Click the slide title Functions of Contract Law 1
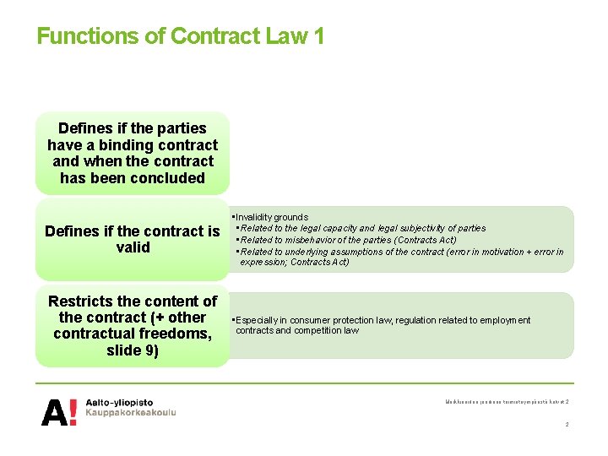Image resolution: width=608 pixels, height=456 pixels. (180, 36)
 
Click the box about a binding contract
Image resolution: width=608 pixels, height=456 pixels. (132, 153)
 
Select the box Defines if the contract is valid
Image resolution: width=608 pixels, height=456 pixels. (132, 239)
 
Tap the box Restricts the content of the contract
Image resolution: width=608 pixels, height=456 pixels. (132, 325)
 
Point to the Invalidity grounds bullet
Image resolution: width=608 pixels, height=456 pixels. (272, 217)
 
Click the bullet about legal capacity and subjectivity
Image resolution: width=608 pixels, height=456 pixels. (363, 228)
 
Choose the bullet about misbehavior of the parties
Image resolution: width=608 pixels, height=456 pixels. (348, 240)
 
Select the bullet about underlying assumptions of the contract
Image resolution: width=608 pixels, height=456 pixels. (401, 252)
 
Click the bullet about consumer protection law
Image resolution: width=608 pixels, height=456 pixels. (383, 320)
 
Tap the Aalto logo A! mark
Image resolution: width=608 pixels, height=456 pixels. (60, 411)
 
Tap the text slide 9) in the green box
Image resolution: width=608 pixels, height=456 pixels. (132, 350)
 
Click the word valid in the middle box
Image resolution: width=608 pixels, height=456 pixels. (132, 247)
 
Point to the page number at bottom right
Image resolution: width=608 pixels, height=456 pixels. (567, 424)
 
